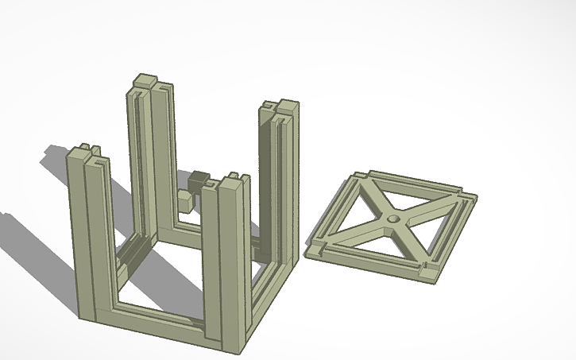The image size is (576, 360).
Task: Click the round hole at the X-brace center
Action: [x=392, y=218]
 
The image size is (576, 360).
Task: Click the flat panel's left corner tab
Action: [x=315, y=247]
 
